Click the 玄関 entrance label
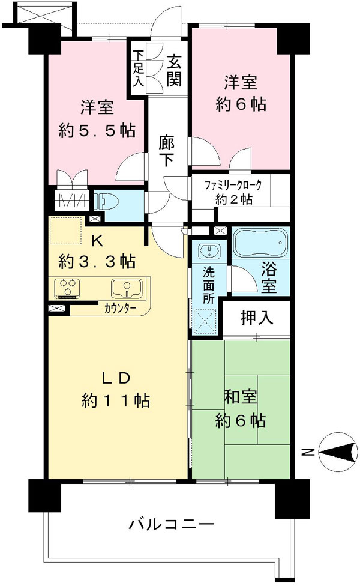pyautogui.click(x=173, y=70)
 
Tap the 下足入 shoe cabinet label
pyautogui.click(x=139, y=68)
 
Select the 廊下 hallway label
pyautogui.click(x=166, y=150)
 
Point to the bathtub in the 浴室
pyautogui.click(x=260, y=243)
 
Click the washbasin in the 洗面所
pyautogui.click(x=209, y=250)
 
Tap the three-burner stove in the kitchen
pyautogui.click(x=68, y=288)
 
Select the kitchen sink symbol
pyautogui.click(x=127, y=289)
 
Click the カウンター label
pyautogui.click(x=120, y=309)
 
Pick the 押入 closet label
pyautogui.click(x=257, y=318)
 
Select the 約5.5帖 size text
pyautogui.click(x=97, y=130)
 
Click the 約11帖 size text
pyautogui.click(x=116, y=401)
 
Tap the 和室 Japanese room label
pyautogui.click(x=241, y=397)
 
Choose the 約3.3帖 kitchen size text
pyautogui.click(x=97, y=261)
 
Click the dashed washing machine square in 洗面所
pyautogui.click(x=205, y=321)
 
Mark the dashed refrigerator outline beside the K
pyautogui.click(x=66, y=230)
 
